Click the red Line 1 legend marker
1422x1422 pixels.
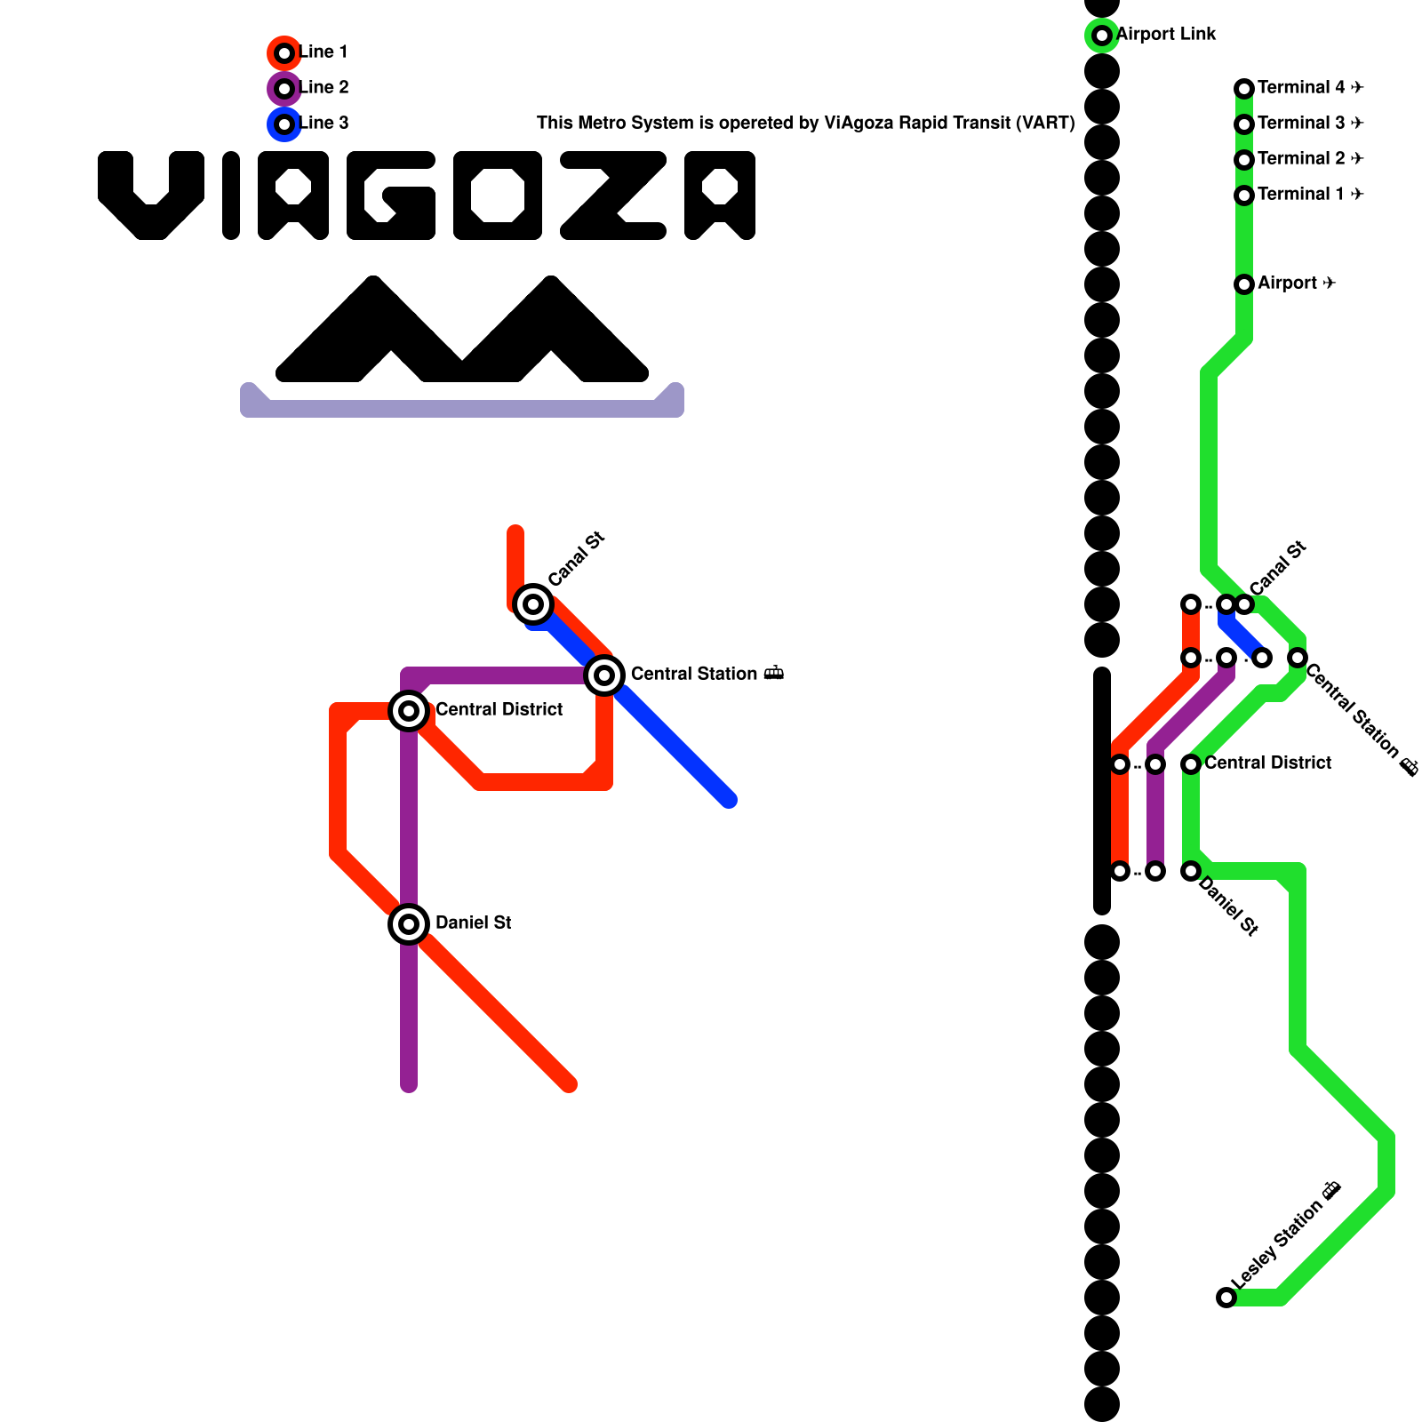[284, 53]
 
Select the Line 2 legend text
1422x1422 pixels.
[324, 88]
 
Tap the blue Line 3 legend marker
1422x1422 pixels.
[284, 124]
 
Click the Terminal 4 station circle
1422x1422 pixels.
[1244, 89]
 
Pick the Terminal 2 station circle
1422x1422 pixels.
[1244, 160]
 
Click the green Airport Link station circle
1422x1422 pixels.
[1102, 36]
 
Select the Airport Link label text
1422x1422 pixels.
[1166, 35]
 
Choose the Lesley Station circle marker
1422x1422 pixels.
[1226, 1298]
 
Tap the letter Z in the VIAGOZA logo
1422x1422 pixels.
[613, 196]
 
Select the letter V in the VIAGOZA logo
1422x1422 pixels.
[151, 196]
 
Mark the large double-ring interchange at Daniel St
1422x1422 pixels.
[409, 924]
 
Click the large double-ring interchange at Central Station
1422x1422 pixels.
[604, 675]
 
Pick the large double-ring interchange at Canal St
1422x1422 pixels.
[533, 604]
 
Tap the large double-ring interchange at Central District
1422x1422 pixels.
[409, 711]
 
